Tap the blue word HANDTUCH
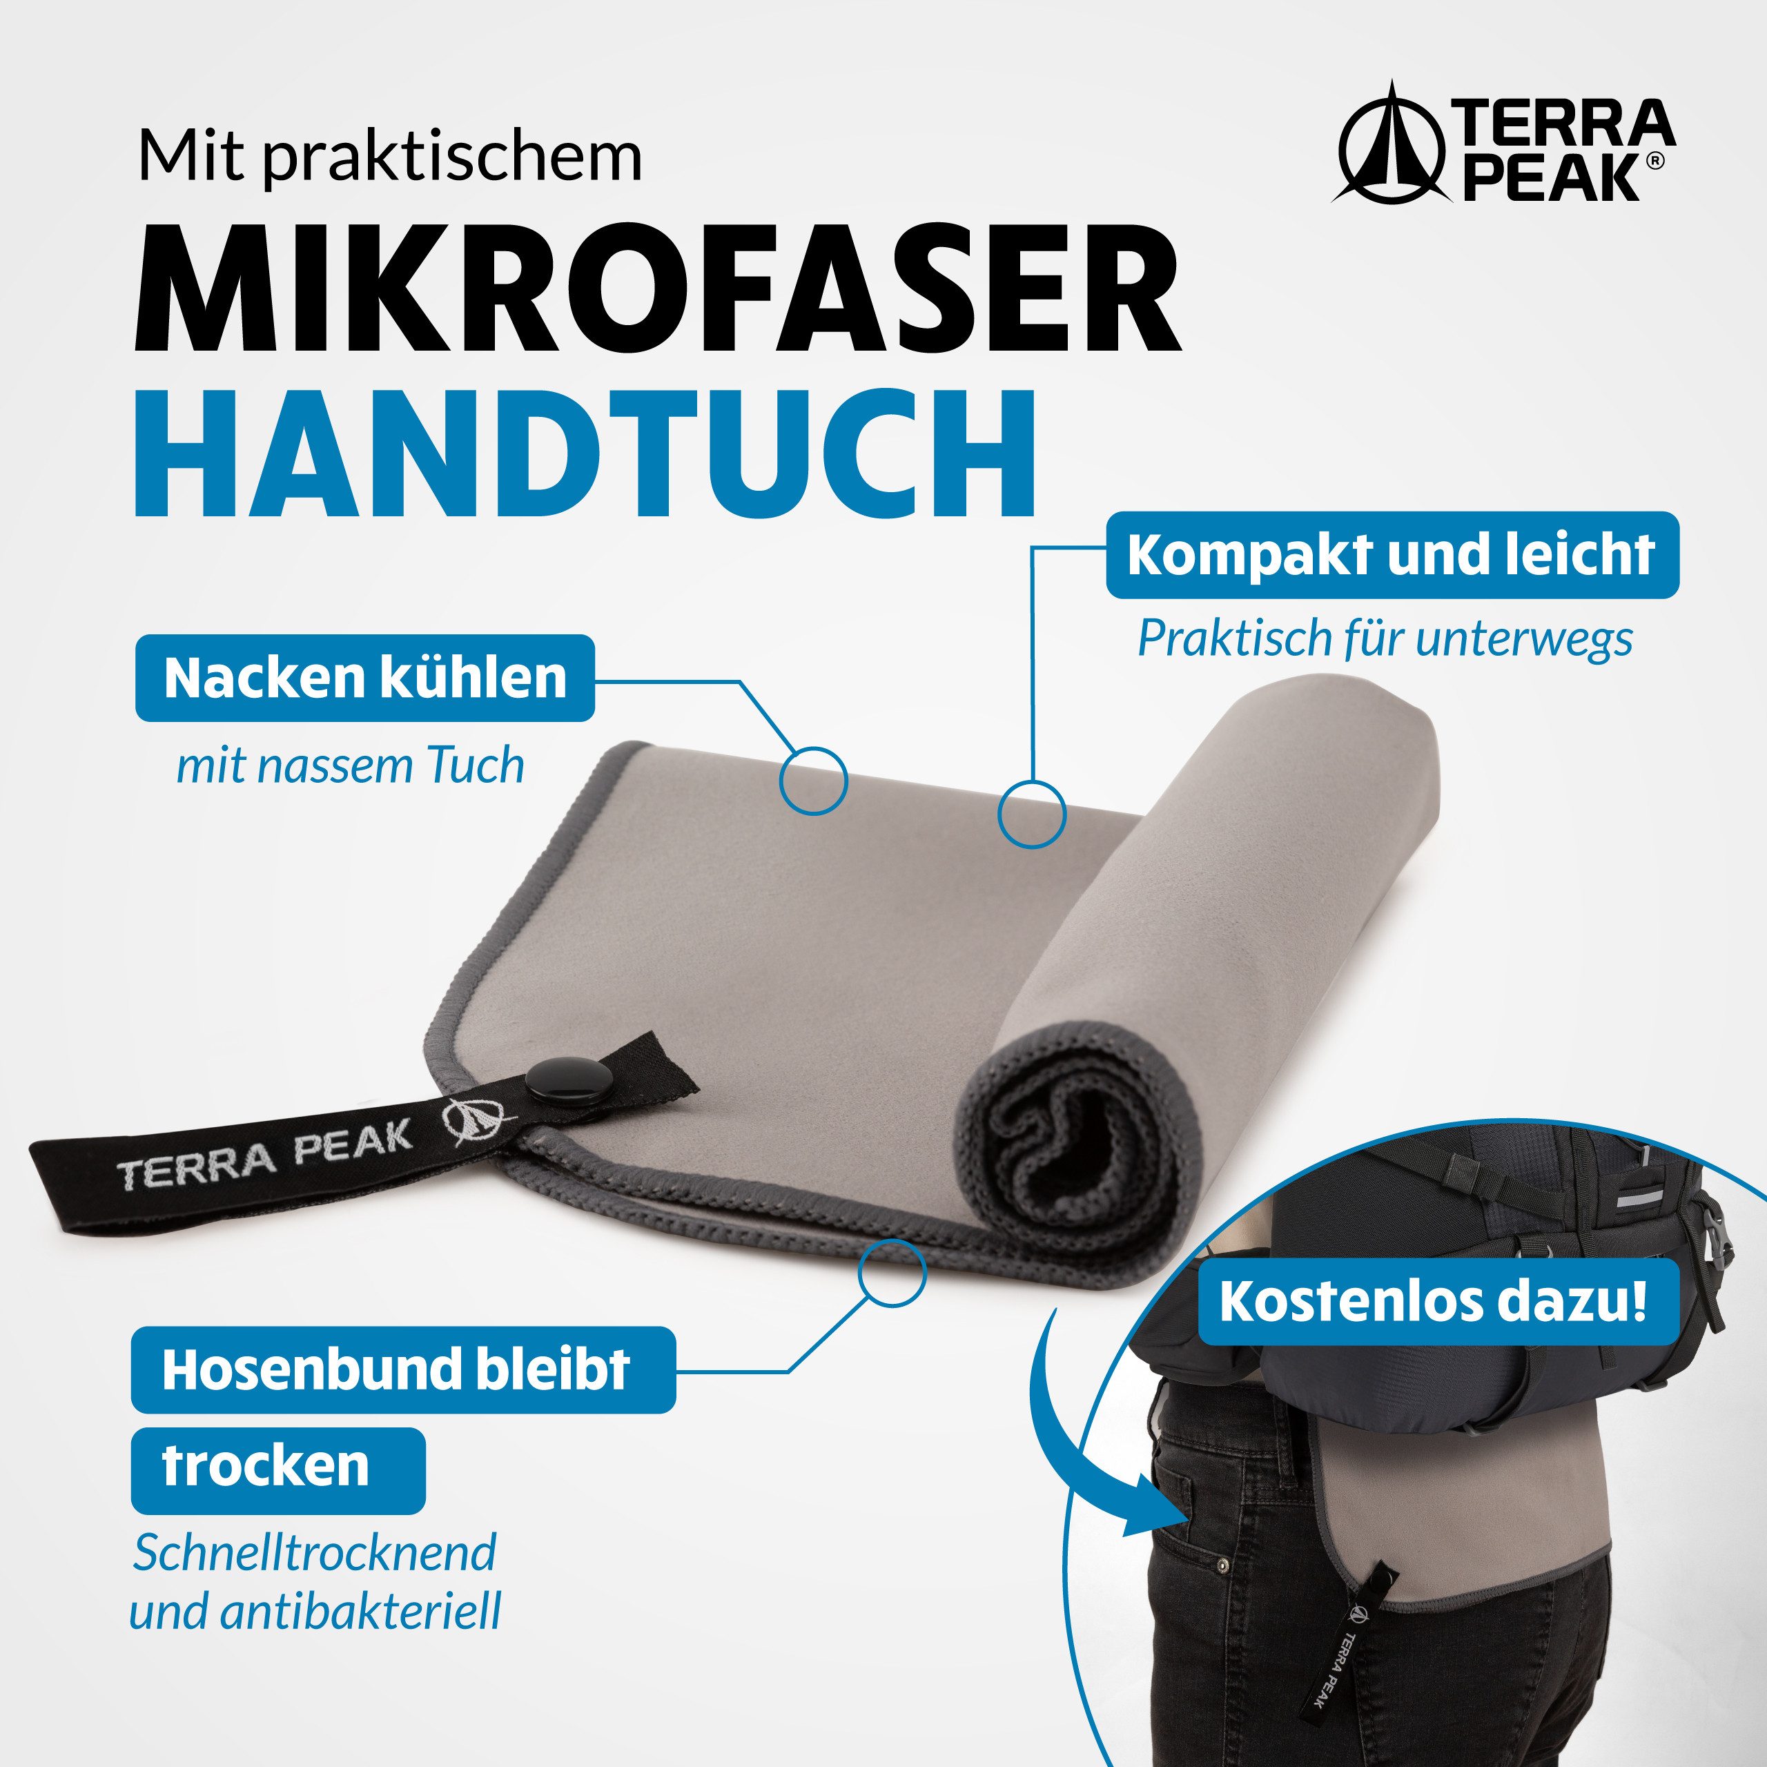click(x=585, y=455)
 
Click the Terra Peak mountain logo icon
click(x=1391, y=146)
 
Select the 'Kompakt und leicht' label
click(x=1392, y=555)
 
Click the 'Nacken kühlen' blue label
click(x=365, y=679)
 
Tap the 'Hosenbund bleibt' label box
click(x=402, y=1369)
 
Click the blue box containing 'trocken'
click(x=277, y=1466)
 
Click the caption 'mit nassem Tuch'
click(x=350, y=766)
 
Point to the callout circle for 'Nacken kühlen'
click(x=813, y=780)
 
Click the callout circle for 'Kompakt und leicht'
click(x=1032, y=813)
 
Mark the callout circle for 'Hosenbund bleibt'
click(x=892, y=1272)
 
